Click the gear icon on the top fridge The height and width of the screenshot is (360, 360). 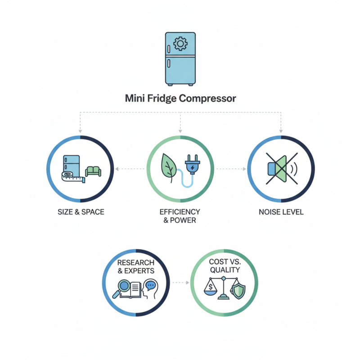click(x=180, y=44)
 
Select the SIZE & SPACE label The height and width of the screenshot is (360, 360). click(x=81, y=212)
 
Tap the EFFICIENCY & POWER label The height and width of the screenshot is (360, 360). click(x=180, y=216)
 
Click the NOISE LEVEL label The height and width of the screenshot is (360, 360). click(x=281, y=212)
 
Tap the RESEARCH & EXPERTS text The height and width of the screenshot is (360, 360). click(x=136, y=266)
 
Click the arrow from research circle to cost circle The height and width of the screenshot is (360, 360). click(x=180, y=283)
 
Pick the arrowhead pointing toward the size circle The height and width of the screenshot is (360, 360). click(x=117, y=169)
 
